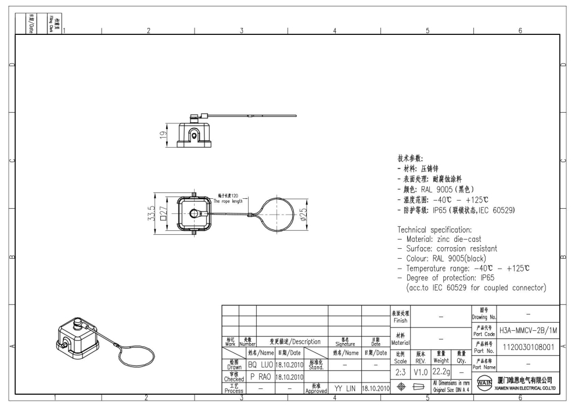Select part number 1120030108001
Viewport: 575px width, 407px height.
tap(528, 347)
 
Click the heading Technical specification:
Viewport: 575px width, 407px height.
tap(437, 230)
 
